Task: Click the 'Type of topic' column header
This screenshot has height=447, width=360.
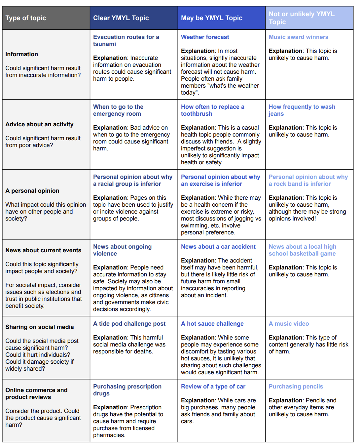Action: [26, 18]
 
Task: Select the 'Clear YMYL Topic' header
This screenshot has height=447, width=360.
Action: [121, 18]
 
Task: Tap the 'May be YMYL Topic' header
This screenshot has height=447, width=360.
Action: [212, 18]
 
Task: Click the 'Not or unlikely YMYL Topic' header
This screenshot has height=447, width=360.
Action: [302, 18]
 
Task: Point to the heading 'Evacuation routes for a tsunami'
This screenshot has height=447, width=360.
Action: [126, 41]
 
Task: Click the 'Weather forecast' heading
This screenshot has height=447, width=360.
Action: [205, 37]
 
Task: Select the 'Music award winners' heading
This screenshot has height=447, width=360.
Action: [298, 37]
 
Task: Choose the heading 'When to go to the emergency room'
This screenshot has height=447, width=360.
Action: [118, 110]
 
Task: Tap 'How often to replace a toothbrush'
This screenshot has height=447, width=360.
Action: [212, 110]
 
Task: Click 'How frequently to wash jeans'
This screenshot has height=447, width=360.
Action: [302, 110]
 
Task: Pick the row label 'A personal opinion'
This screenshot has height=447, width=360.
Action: [32, 191]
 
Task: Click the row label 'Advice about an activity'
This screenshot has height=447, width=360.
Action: [39, 124]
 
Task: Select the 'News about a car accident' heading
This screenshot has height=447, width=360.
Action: [218, 247]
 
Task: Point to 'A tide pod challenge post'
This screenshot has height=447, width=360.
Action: [129, 324]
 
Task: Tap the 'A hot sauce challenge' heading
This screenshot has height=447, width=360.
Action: [212, 324]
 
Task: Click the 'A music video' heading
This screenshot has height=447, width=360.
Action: [289, 324]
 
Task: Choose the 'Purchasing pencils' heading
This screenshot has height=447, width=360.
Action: [296, 386]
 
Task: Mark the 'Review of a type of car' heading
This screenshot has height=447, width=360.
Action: [213, 386]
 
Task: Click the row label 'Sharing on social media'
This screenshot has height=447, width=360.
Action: [40, 327]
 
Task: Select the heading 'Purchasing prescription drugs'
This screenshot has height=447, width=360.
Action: [127, 390]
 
